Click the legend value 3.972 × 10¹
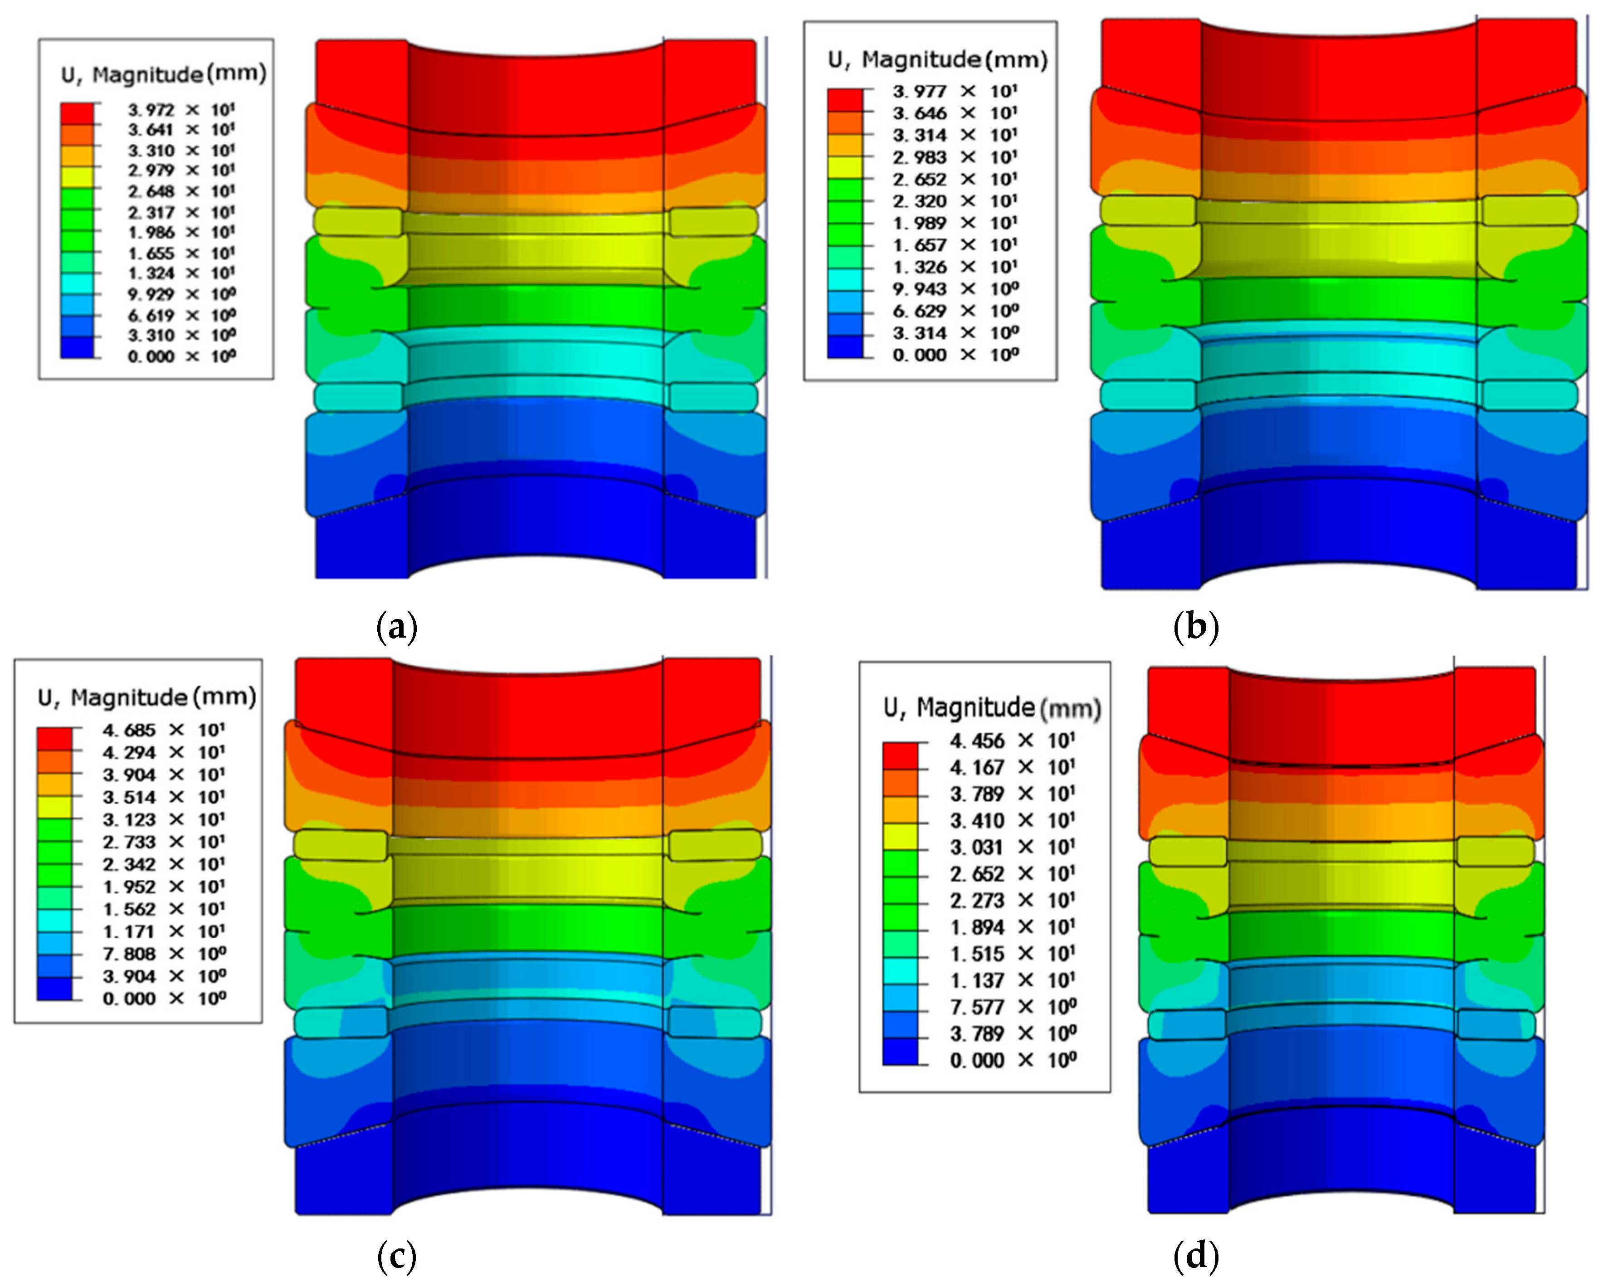[181, 110]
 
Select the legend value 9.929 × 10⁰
[181, 294]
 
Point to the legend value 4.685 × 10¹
[164, 730]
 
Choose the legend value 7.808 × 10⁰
[164, 954]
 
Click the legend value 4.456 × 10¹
[1013, 741]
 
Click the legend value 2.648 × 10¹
[181, 191]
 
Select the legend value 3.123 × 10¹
[164, 819]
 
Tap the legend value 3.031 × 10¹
[1013, 847]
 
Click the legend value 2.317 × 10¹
[181, 213]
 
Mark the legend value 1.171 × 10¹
[164, 931]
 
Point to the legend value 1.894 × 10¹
[1013, 927]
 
